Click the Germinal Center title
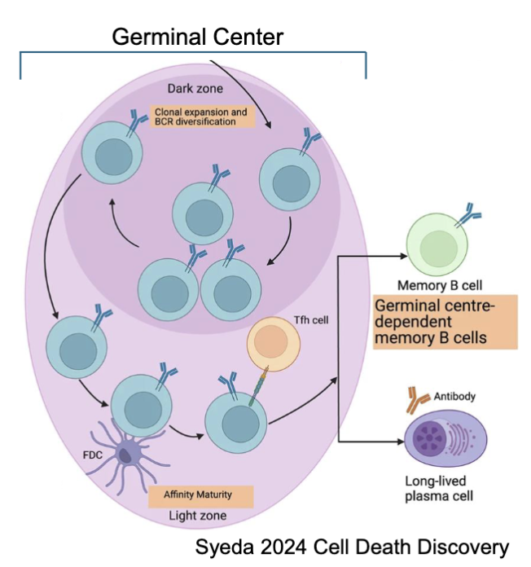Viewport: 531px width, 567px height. pos(197,37)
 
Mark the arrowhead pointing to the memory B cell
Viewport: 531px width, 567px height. pos(400,255)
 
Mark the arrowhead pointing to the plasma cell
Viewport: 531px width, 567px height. pos(398,442)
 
